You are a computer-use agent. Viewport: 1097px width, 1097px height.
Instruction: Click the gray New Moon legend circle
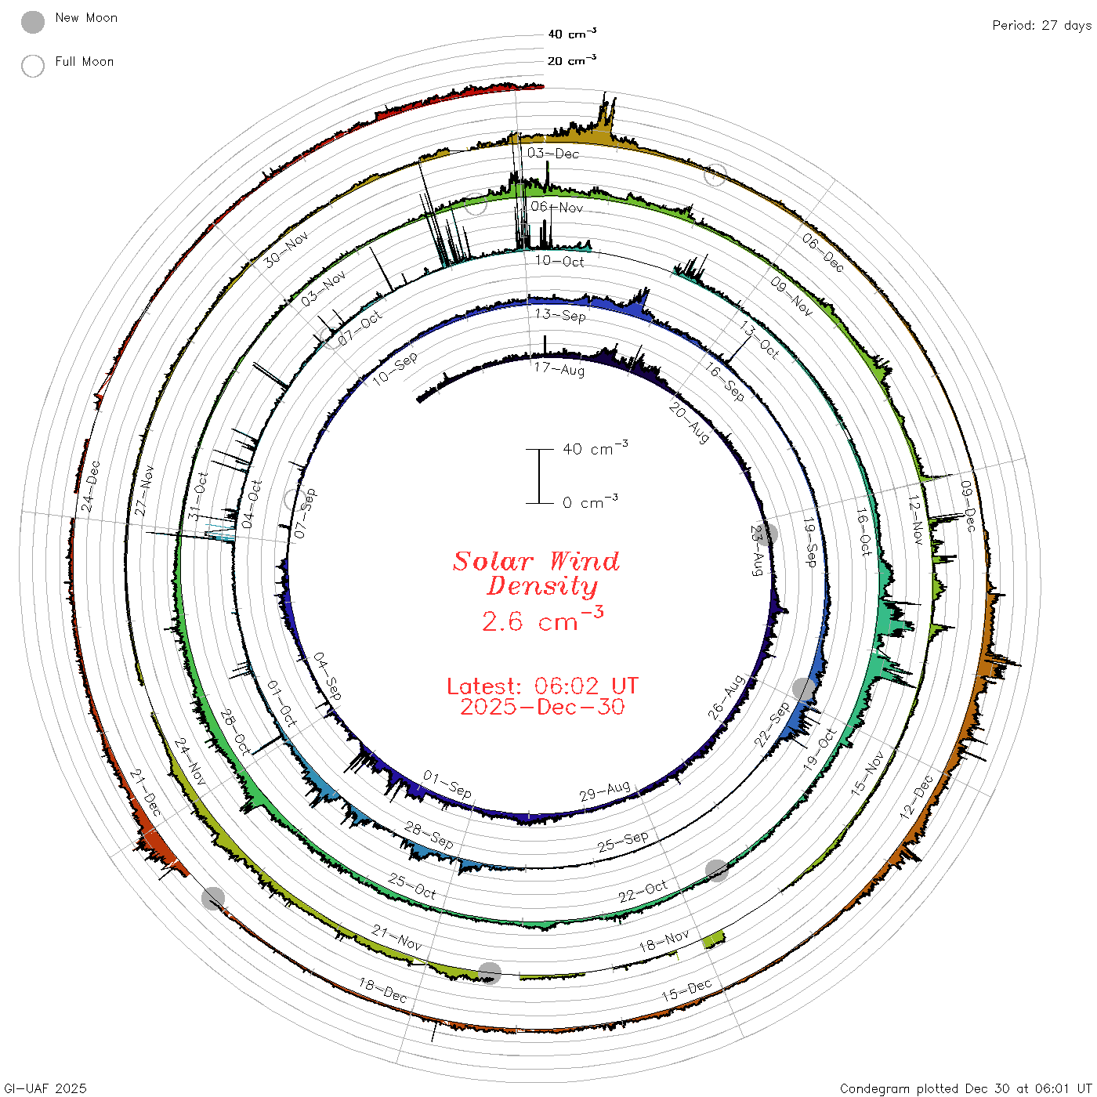pyautogui.click(x=32, y=22)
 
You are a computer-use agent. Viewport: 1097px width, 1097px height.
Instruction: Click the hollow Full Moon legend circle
pyautogui.click(x=32, y=66)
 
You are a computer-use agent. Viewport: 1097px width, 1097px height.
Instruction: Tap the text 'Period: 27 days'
pyautogui.click(x=1041, y=26)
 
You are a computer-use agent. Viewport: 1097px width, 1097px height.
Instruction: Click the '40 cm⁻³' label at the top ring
pyautogui.click(x=571, y=34)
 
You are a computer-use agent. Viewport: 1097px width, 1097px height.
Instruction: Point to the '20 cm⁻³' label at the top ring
pyautogui.click(x=571, y=60)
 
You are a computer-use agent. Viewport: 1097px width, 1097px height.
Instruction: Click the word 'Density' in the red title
pyautogui.click(x=542, y=586)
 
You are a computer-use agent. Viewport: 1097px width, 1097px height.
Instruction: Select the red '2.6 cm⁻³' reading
pyautogui.click(x=542, y=620)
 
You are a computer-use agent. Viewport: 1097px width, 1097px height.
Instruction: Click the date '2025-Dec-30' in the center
pyautogui.click(x=542, y=707)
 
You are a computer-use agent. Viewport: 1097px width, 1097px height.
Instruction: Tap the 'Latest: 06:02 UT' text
pyautogui.click(x=542, y=686)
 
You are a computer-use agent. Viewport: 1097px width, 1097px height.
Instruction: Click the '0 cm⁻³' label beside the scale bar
pyautogui.click(x=590, y=501)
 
